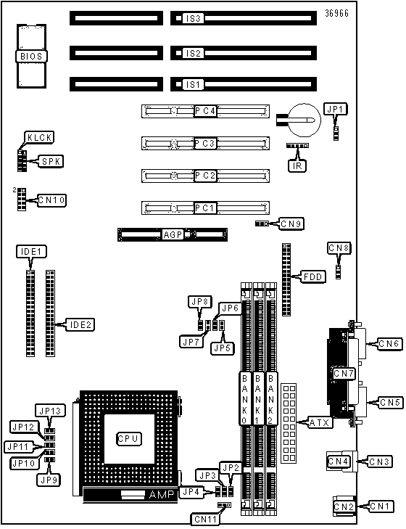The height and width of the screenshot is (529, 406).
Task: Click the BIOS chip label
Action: pos(31,56)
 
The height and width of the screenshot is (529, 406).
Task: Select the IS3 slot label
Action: pos(194,18)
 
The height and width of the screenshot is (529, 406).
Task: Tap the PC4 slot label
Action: pos(205,110)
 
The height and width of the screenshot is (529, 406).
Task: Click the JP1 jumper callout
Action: pos(335,109)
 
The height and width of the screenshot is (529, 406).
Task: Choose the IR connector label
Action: pos(297,165)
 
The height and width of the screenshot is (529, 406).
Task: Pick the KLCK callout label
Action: pos(39,137)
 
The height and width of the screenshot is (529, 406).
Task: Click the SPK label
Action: pos(51,161)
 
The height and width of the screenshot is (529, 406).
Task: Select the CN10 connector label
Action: pos(51,200)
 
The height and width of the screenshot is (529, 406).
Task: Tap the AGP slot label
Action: pos(173,234)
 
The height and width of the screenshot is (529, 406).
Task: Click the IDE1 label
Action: pos(31,251)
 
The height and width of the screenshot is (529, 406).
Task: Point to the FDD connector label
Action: pos(313,276)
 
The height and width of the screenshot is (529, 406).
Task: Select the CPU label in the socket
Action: pos(128,438)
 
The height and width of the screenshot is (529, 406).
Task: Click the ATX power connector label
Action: pos(319,422)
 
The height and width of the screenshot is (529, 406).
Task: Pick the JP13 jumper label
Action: pos(50,411)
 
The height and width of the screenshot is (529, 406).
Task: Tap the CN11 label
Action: pos(206,519)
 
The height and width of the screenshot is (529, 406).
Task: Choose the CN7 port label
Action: pos(344,374)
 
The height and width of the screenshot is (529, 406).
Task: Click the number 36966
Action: pos(336,13)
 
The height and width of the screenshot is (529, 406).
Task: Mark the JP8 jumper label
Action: pos(200,302)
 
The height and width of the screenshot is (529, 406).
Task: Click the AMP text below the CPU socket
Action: pos(162,495)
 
